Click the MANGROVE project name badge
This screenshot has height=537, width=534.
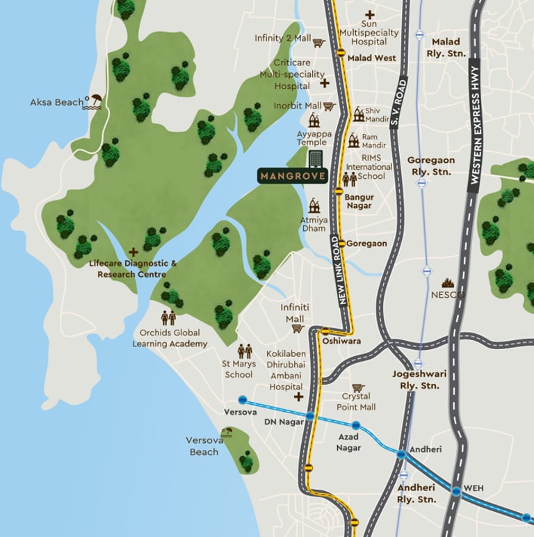click(292, 175)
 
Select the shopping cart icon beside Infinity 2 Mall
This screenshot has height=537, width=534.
click(319, 42)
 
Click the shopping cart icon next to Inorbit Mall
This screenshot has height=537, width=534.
click(330, 106)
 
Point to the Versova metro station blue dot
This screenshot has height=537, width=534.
click(242, 400)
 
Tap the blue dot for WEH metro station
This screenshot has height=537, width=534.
click(455, 491)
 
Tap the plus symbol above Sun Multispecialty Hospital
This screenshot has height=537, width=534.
click(370, 15)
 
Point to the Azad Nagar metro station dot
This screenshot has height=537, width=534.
click(356, 425)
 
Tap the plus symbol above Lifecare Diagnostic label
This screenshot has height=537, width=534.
click(133, 252)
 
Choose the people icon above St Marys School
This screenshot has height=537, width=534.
click(245, 351)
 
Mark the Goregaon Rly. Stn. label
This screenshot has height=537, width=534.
click(430, 165)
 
